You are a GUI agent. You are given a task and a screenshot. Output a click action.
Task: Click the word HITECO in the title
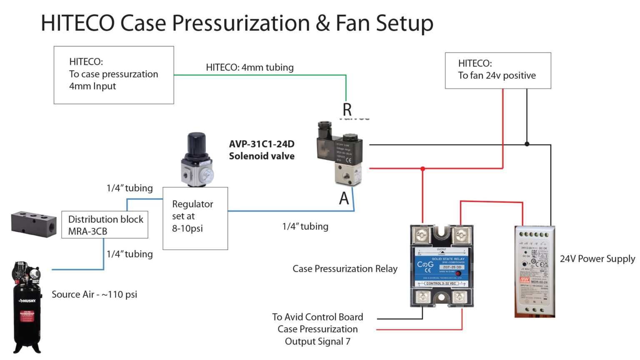point(77,23)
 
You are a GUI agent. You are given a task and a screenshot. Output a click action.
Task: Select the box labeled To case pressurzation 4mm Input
point(113,75)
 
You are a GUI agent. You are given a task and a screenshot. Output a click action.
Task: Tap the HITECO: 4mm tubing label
point(250,67)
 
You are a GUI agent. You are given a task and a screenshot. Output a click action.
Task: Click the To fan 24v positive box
point(497,70)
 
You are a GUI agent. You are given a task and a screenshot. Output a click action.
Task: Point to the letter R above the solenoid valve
point(347,110)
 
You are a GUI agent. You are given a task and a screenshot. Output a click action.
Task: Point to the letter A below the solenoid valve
point(344,199)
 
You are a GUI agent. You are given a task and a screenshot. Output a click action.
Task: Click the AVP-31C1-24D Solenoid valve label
point(262,150)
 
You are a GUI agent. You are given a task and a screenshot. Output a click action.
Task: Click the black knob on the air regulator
point(196,144)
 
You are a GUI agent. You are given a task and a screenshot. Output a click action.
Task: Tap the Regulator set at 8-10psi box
point(195,218)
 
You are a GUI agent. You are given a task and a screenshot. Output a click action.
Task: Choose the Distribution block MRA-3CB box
point(105,225)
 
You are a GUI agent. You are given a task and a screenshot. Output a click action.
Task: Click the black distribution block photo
point(33,224)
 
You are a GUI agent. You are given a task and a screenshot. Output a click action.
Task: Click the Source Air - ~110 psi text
point(94,295)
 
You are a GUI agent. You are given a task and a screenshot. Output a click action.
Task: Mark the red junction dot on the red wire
point(422,169)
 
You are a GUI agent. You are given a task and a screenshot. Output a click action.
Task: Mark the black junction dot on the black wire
point(527,144)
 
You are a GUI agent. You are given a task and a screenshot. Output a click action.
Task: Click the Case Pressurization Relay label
point(345,269)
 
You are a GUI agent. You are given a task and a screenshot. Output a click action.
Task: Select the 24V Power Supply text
point(597,259)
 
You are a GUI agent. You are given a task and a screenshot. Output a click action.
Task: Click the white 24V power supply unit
point(535,271)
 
